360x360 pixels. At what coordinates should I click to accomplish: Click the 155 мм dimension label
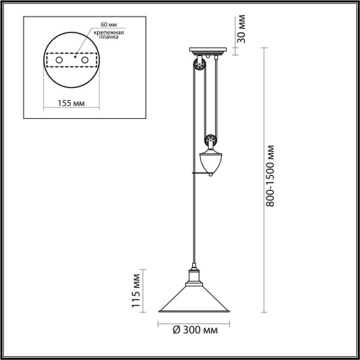(71, 103)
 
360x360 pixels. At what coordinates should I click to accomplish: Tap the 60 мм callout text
(109, 24)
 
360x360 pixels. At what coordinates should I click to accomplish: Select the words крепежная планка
(109, 35)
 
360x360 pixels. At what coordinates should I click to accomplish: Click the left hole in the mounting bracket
(59, 60)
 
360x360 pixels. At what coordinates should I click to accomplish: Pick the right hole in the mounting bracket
(85, 60)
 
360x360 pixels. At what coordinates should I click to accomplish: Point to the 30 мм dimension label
(241, 29)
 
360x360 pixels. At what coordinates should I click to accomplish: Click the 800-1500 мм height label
(270, 176)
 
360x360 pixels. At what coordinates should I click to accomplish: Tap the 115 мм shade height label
(136, 291)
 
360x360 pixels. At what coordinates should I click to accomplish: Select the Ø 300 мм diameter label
(195, 330)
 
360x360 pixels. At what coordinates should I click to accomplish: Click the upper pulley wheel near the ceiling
(199, 64)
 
